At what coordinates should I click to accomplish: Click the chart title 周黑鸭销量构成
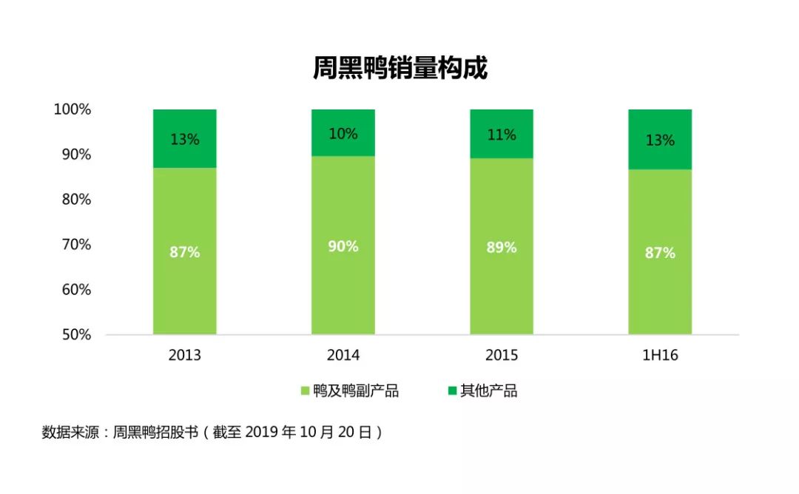pos(399,70)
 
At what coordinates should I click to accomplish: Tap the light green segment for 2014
pos(343,281)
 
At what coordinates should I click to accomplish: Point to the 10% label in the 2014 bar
pos(343,134)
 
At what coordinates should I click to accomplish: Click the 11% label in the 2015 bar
pos(502,135)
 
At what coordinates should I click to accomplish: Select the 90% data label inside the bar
pos(343,246)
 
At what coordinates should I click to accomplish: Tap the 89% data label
pos(502,248)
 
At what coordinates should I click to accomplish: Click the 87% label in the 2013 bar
pos(185,252)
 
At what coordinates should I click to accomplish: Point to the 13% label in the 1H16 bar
pos(660,140)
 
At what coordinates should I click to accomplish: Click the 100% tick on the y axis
pos(72,109)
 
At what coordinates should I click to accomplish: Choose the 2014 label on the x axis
pos(343,356)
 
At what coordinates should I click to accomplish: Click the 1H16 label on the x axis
pos(660,356)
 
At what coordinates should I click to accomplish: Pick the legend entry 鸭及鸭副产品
pos(348,391)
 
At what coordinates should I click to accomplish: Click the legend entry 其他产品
pos(482,391)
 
